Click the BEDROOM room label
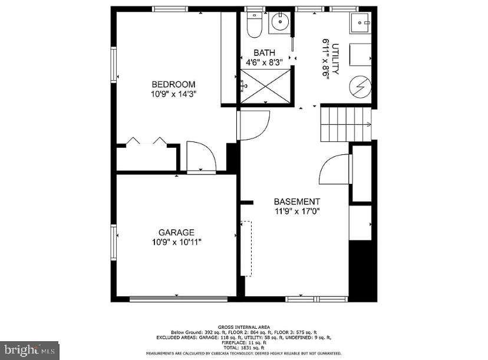pyautogui.click(x=173, y=84)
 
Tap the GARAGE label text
pyautogui.click(x=176, y=232)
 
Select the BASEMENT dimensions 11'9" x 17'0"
pyautogui.click(x=297, y=211)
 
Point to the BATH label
pyautogui.click(x=264, y=53)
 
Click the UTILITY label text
pyautogui.click(x=335, y=59)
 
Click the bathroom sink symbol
pyautogui.click(x=279, y=22)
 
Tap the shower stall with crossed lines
pyautogui.click(x=265, y=86)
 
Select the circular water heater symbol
pyautogui.click(x=360, y=88)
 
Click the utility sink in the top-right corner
pyautogui.click(x=360, y=24)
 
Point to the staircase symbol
pyautogui.click(x=345, y=124)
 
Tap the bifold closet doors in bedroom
pyautogui.click(x=146, y=141)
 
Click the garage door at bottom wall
pyautogui.click(x=179, y=299)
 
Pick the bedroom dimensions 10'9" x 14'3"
pyautogui.click(x=173, y=93)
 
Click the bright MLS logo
pyautogui.click(x=29, y=350)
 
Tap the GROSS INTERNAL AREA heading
pyautogui.click(x=243, y=326)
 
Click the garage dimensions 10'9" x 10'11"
pyautogui.click(x=176, y=242)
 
